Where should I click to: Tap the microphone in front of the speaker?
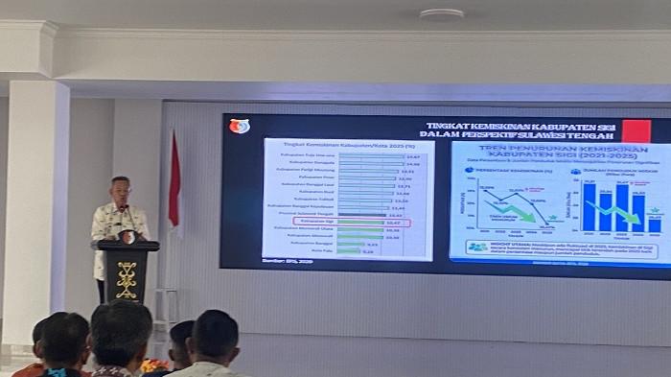(125, 212)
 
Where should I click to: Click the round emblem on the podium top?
(127, 236)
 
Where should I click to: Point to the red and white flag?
(174, 182)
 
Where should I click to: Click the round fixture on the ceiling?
(442, 15)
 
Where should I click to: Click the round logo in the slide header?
(239, 126)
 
